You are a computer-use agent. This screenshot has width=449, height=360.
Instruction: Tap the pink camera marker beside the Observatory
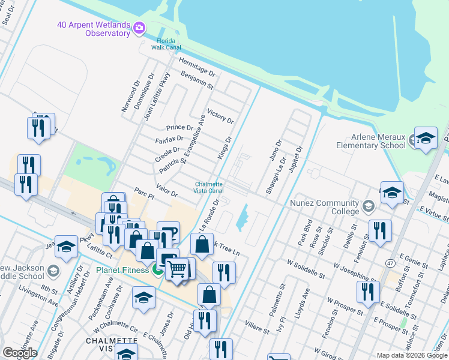point(140,27)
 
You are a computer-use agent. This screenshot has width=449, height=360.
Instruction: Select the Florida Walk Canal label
point(163,43)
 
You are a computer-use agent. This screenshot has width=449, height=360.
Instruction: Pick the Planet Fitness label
point(122,270)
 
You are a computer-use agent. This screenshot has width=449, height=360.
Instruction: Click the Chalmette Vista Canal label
point(208,187)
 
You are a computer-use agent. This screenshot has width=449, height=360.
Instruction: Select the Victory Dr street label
point(219,115)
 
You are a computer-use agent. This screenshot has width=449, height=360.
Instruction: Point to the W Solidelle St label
point(306,269)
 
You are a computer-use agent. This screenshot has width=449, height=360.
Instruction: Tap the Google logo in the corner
point(20,353)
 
